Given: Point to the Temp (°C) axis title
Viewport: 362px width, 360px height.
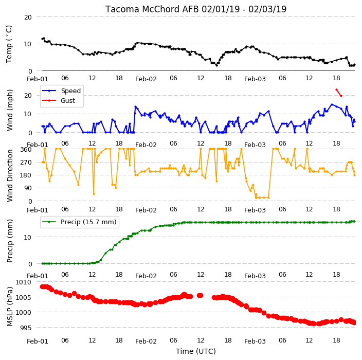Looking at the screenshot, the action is (9, 44).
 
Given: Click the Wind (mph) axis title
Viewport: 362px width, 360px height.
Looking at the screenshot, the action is (10, 110).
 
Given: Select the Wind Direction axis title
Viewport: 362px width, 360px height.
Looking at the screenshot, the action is (10, 175).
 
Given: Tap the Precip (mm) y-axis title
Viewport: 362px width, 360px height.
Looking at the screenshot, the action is (10, 241).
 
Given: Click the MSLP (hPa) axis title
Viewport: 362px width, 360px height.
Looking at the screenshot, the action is (10, 307).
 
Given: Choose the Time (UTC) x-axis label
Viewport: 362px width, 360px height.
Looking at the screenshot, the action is (196, 351).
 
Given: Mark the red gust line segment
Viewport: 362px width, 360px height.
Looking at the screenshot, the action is (339, 93).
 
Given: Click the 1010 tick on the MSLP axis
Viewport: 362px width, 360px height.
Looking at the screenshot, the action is (23, 282).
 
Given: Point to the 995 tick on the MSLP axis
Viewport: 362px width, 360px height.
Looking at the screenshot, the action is (25, 328).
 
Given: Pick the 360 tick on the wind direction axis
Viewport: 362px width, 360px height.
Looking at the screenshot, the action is (26, 150).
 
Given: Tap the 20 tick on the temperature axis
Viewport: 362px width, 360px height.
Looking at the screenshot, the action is (28, 17).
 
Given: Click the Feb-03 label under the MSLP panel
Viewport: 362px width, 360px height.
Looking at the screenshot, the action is (255, 341).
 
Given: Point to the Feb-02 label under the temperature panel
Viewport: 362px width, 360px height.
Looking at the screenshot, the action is (146, 79).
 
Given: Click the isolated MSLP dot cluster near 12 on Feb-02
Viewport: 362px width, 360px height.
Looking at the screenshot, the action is (200, 295).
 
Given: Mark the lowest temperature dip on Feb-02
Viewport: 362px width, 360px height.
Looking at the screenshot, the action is (216, 65).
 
